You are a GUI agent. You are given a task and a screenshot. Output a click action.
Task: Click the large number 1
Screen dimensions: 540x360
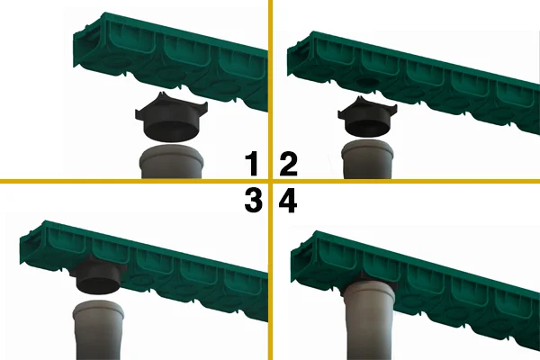tap(253, 165)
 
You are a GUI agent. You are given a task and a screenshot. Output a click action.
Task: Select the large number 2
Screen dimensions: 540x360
tap(288, 165)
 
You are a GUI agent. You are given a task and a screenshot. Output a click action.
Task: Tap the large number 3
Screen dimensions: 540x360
tap(253, 202)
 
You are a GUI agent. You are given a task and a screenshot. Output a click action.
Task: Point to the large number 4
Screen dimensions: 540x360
tap(288, 202)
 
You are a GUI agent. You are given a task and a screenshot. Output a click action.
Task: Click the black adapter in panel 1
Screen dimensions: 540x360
tap(172, 119)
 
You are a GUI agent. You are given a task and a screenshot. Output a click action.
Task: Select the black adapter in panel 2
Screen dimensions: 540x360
tap(368, 117)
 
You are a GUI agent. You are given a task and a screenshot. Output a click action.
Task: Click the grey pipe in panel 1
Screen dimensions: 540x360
tap(172, 162)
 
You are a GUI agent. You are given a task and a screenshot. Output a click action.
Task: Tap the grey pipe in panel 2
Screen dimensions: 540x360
tap(368, 159)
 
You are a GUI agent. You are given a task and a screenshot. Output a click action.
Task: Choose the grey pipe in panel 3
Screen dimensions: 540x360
tap(98, 330)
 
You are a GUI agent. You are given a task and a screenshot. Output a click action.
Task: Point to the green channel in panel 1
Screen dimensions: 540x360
tap(170, 60)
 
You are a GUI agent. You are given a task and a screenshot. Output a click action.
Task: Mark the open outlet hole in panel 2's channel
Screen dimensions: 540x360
tap(368, 82)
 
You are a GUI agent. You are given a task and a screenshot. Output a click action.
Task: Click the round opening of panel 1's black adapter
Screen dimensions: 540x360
tap(172, 132)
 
